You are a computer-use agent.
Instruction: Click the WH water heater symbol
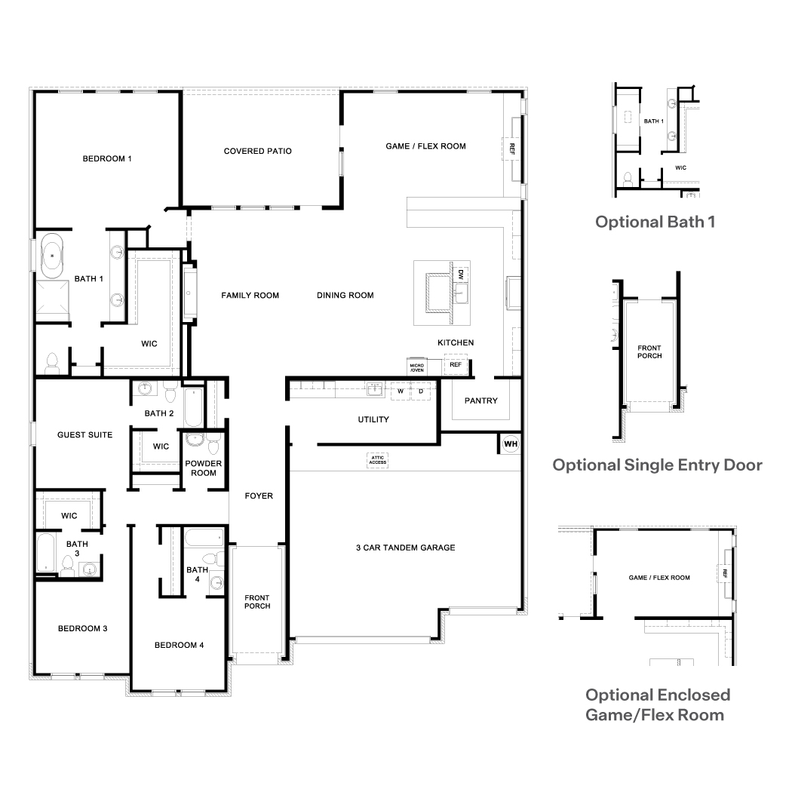coord(511,443)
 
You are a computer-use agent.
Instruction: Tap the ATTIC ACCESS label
coord(378,459)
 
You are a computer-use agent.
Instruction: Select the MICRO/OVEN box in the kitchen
coord(417,367)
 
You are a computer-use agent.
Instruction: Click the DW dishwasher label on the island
coord(460,275)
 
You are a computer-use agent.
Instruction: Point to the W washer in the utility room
coord(401,391)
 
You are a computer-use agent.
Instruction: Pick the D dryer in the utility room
coord(421,391)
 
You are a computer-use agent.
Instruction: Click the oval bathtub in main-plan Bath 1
coord(52,256)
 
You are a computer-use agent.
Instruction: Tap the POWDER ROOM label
coord(204,468)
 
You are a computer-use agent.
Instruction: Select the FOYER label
coord(259,496)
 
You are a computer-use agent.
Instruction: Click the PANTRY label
coord(480,400)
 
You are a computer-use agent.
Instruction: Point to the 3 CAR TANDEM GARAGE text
coord(405,548)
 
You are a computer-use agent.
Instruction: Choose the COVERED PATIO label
coord(257,151)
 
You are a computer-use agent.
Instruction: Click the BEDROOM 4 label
coord(179,645)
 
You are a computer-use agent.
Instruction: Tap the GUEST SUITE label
coord(84,434)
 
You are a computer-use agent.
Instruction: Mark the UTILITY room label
coord(373,419)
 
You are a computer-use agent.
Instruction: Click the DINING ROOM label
coord(345,295)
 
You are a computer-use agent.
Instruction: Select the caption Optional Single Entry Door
coord(657,465)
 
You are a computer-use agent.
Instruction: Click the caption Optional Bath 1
coord(655,222)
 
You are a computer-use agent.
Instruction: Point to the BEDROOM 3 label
coord(82,628)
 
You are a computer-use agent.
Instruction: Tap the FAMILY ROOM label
coord(250,295)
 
